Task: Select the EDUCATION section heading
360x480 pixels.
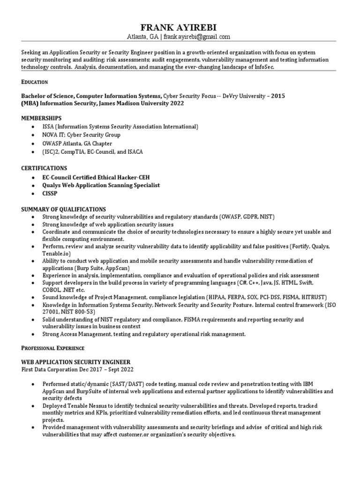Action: [35, 82]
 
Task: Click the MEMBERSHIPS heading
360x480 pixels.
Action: [42, 118]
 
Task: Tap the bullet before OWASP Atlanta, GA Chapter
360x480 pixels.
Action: [31, 143]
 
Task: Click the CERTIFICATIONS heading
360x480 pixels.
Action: [44, 168]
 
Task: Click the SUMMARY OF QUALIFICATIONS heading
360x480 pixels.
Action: [64, 209]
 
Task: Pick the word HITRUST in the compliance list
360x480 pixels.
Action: [313, 298]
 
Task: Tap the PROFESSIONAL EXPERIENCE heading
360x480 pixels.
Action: [52, 348]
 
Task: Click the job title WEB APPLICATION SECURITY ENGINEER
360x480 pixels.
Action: [76, 362]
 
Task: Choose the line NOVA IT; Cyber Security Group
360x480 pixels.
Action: [82, 135]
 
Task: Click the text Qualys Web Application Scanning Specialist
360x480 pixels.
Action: [101, 185]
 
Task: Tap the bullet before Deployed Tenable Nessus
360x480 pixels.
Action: [31, 405]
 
